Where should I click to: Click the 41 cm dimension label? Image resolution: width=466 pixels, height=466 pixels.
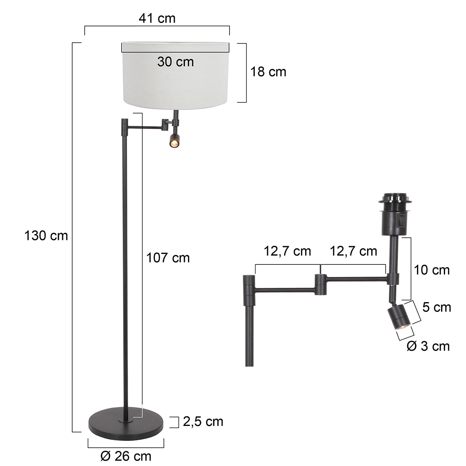[157, 18]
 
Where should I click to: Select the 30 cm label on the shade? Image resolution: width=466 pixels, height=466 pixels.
[176, 61]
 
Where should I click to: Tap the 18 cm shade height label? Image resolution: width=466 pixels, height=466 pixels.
[268, 71]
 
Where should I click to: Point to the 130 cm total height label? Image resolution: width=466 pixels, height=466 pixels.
[46, 235]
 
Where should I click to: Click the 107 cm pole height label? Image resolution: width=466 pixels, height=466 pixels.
[168, 257]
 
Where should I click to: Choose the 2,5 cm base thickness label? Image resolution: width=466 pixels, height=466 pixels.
[203, 421]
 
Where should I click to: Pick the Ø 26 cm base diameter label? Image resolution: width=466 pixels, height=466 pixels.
[126, 456]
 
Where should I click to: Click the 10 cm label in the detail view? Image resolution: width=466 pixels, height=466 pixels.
[431, 270]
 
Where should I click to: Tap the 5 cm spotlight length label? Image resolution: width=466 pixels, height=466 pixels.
[436, 307]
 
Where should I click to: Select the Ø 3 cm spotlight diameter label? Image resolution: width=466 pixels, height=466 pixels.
[428, 346]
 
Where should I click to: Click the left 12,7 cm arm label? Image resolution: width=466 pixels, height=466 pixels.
[287, 251]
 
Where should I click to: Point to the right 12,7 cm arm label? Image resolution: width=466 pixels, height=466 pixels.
[353, 251]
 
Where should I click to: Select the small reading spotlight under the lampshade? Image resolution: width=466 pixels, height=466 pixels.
[174, 141]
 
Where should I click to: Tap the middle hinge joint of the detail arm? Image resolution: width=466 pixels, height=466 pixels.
[320, 284]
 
